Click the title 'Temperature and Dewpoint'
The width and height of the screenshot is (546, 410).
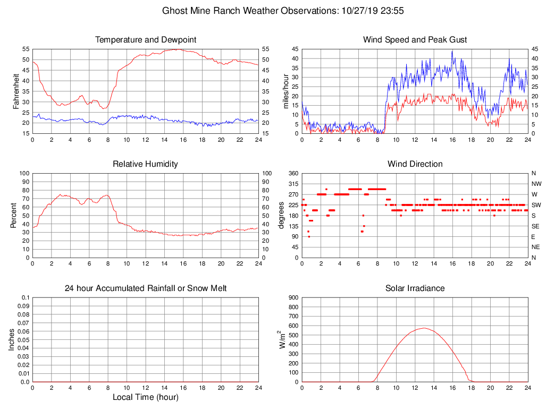coord(145,40)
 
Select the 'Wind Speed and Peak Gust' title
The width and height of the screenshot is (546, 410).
coord(415,40)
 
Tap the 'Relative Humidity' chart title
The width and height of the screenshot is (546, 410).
coord(145,164)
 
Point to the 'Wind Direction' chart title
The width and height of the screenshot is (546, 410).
coord(415,164)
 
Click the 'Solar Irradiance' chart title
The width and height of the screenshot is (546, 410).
coord(415,288)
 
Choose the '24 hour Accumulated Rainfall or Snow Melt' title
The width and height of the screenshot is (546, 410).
coord(145,288)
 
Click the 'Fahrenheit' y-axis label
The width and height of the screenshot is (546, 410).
coord(16,91)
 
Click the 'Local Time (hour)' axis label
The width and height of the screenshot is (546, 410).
coord(145,397)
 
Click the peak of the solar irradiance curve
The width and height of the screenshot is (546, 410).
coord(423,328)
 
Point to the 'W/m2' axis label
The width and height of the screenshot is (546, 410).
coord(284,339)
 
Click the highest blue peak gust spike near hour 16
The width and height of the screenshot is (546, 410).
coord(452,51)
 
